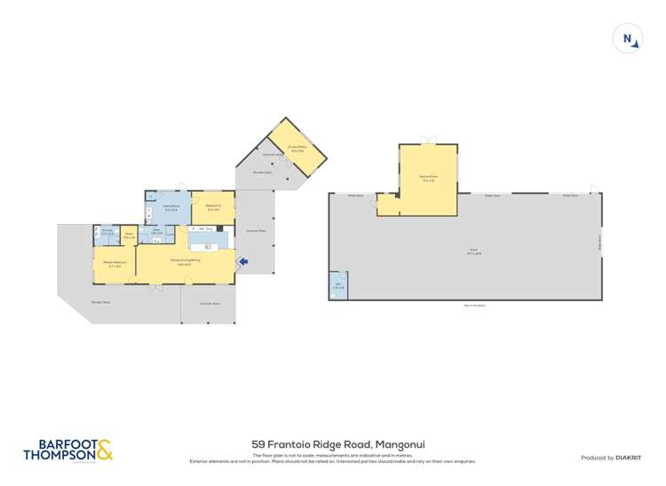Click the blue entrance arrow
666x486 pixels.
click(x=243, y=261)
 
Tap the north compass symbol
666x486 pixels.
click(x=628, y=38)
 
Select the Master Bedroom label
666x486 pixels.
click(x=113, y=263)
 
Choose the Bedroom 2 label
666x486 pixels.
click(x=213, y=207)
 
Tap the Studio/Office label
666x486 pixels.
click(x=297, y=148)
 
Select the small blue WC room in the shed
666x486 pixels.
click(x=337, y=285)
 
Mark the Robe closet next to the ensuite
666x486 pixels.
click(x=129, y=235)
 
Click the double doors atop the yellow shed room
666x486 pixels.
click(x=429, y=141)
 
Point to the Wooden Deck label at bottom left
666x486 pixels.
click(x=99, y=302)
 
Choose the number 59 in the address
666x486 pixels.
click(x=258, y=444)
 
